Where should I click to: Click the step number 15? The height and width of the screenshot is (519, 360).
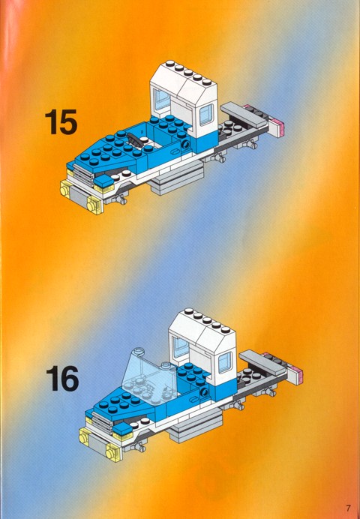(x=61, y=122)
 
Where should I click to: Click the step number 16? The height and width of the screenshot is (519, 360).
(x=62, y=378)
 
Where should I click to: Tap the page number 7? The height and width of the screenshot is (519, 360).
(x=349, y=508)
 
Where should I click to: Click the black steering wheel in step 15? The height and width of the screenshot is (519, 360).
(x=136, y=139)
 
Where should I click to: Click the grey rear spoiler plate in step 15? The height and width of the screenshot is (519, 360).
(x=244, y=115)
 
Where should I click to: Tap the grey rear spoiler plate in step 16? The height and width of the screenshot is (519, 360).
(x=262, y=362)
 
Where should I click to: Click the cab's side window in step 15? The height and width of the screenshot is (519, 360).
(x=206, y=115)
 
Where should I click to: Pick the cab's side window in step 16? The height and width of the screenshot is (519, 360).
(x=225, y=362)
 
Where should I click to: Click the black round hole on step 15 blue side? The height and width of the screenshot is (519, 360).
(x=186, y=144)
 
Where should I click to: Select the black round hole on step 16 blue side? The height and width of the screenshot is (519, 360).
(x=205, y=392)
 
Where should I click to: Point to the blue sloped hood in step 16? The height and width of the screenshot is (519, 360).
(x=123, y=406)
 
